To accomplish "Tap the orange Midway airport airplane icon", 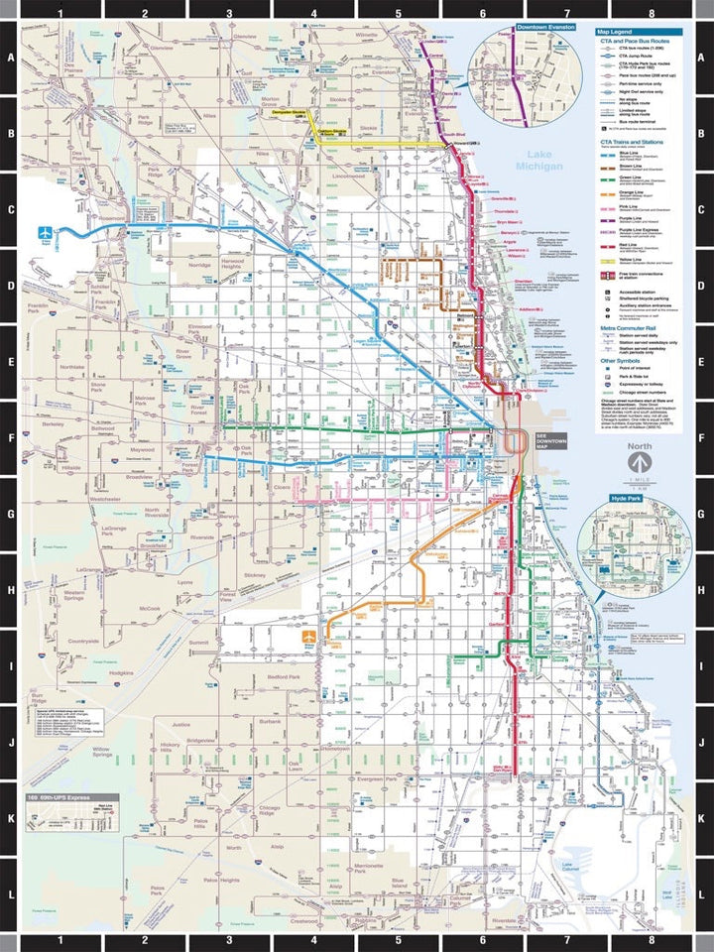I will click(310, 635).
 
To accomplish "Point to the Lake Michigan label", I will click(544, 161).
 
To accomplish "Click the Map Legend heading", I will click(616, 31).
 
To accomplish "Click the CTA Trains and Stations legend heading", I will click(636, 141).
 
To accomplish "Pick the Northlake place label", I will click(72, 366).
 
